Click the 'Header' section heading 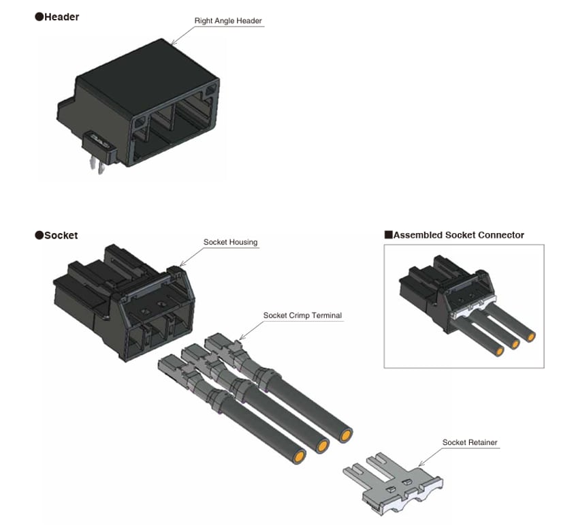tap(61, 16)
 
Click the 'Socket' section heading tap(61, 235)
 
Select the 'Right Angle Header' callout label tap(228, 21)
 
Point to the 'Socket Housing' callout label tap(231, 242)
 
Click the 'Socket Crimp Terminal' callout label tap(302, 315)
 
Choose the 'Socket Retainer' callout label tap(470, 442)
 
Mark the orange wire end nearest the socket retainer tap(347, 435)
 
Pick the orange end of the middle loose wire tap(322, 446)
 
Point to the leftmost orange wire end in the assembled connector tap(500, 350)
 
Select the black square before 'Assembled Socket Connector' tap(388, 235)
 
